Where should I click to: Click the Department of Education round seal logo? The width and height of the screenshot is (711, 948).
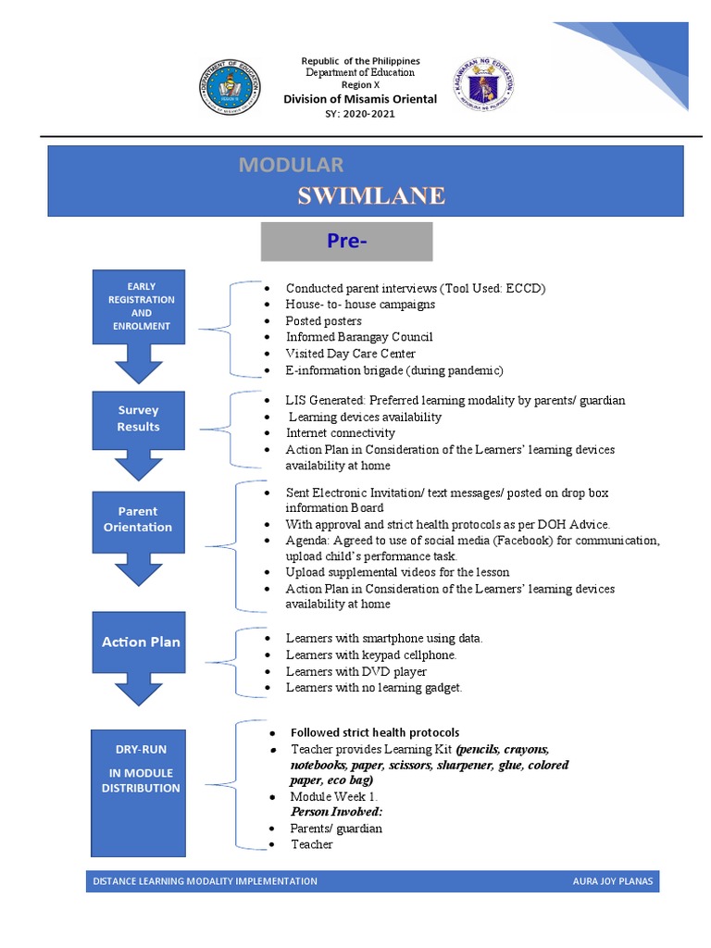click(x=231, y=90)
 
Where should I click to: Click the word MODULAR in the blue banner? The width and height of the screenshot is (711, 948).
click(x=291, y=165)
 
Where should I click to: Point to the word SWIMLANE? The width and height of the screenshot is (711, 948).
click(x=370, y=195)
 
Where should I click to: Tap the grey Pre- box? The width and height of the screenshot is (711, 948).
click(x=346, y=242)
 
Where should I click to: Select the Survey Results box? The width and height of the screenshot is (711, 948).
click(x=138, y=418)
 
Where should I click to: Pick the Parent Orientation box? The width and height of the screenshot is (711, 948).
click(x=138, y=519)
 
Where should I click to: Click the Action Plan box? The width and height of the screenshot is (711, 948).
click(x=141, y=642)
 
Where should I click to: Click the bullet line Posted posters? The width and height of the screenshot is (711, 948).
click(x=324, y=320)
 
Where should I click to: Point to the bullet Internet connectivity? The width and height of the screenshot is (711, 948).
click(x=340, y=433)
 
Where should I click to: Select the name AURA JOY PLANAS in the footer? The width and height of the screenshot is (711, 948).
click(x=612, y=881)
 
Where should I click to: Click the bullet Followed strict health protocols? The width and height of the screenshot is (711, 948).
click(x=374, y=732)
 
